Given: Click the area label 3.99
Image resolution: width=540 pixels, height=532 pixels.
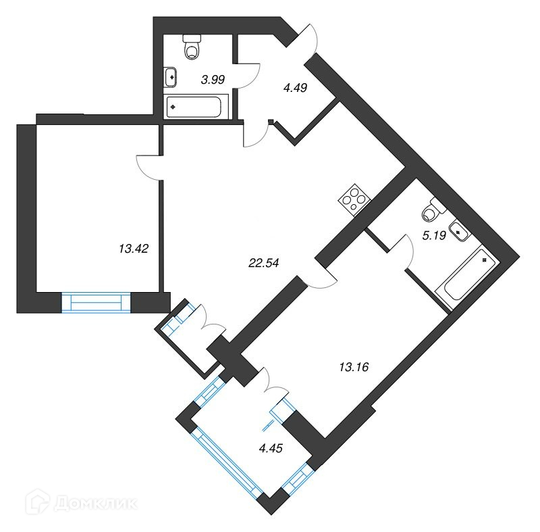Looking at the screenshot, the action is pyautogui.click(x=213, y=80).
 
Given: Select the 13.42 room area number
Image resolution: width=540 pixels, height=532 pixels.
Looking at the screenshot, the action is pyautogui.click(x=133, y=248).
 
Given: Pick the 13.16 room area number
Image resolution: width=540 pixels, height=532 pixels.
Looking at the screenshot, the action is pyautogui.click(x=355, y=368).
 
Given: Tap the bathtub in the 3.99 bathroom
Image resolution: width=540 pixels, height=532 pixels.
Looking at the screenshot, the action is pyautogui.click(x=198, y=106).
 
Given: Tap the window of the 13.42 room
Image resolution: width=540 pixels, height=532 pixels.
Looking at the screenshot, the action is pyautogui.click(x=95, y=301).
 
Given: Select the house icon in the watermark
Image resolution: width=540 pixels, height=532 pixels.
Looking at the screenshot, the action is pyautogui.click(x=40, y=503).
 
